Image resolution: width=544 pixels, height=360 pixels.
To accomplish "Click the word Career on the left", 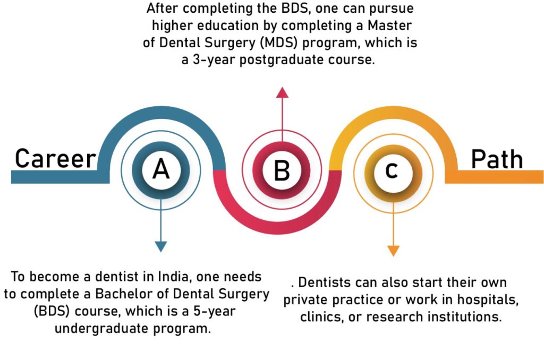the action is [x=55, y=159].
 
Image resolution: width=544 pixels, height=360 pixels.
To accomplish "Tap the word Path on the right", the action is [x=497, y=159].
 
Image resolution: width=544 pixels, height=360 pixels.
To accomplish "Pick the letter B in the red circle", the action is [x=282, y=170].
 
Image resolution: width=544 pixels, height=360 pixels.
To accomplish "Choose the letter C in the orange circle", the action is [x=392, y=170].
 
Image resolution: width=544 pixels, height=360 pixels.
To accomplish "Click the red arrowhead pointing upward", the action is [x=283, y=92].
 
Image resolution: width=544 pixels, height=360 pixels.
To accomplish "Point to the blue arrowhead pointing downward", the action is [x=160, y=246].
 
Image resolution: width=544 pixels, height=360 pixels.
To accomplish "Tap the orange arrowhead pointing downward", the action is [x=393, y=251].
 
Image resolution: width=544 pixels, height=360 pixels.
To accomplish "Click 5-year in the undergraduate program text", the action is [x=215, y=311].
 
